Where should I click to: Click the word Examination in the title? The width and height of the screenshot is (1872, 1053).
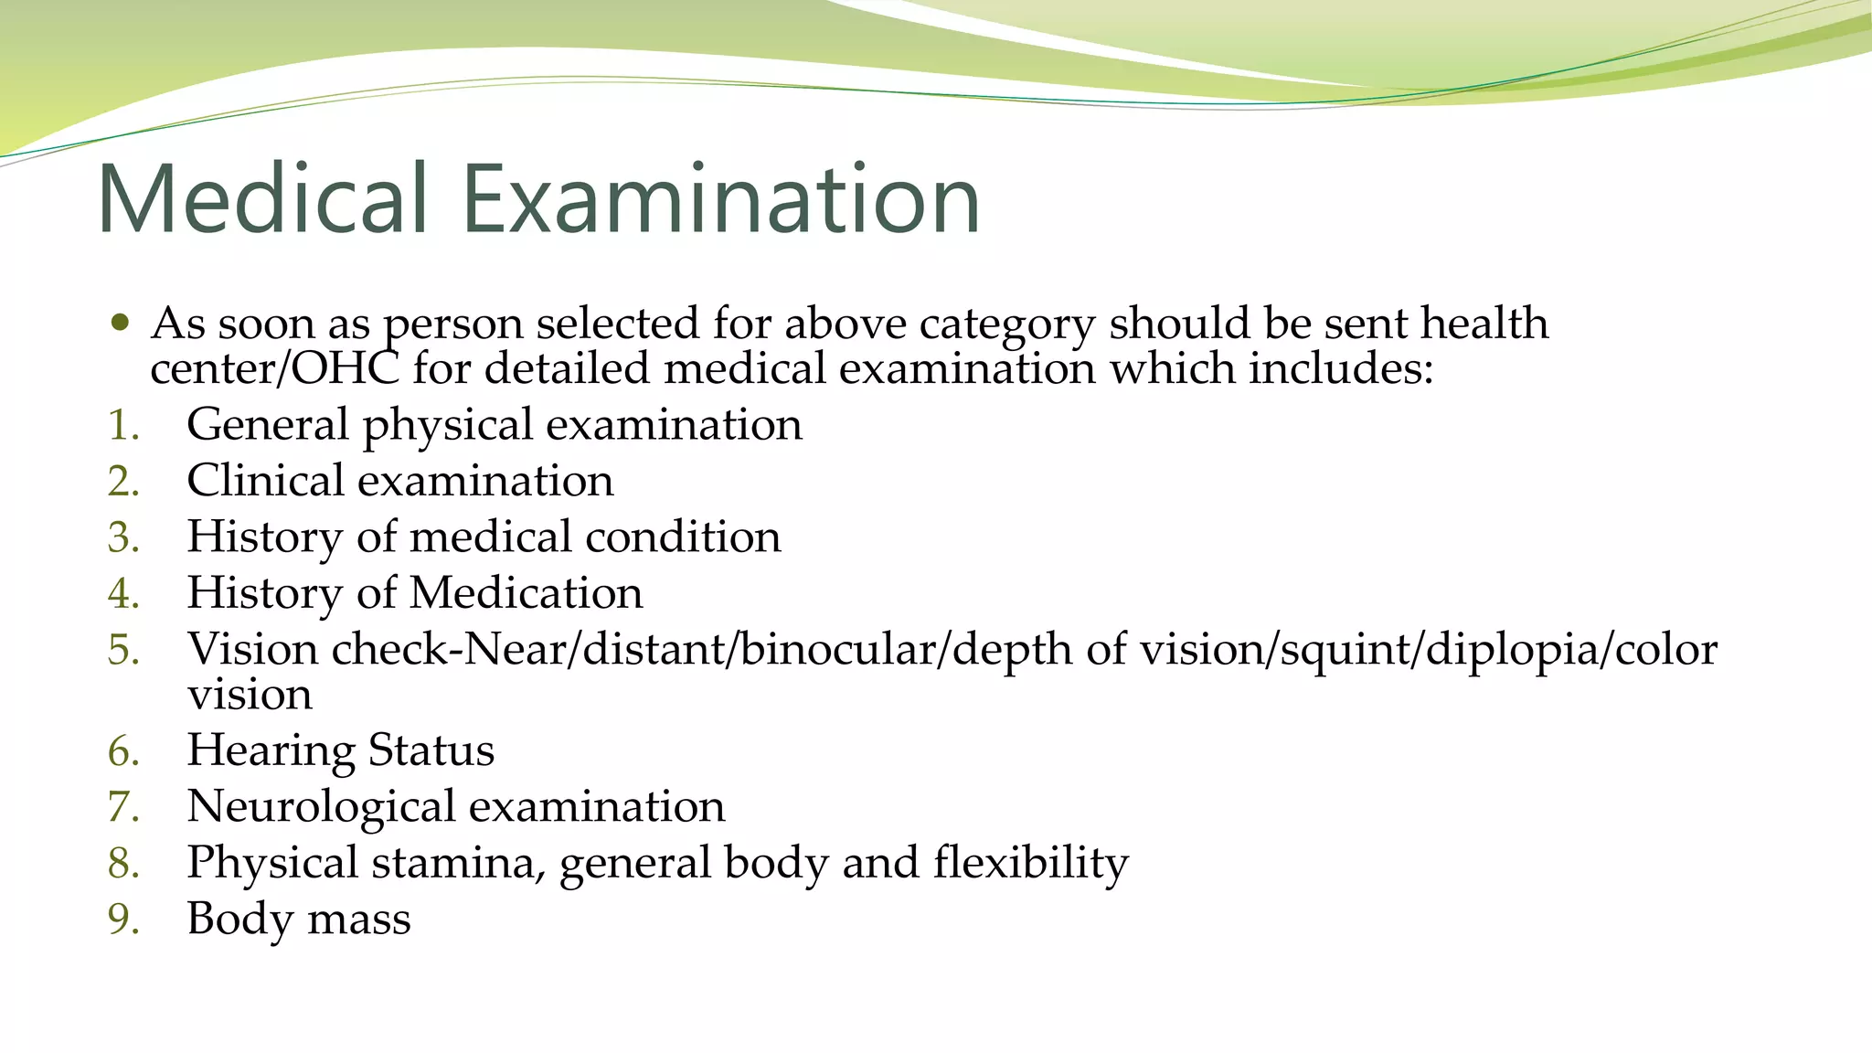click(721, 198)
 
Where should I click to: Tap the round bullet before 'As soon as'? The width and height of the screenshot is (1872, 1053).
click(120, 323)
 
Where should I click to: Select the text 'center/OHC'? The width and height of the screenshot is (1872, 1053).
click(275, 369)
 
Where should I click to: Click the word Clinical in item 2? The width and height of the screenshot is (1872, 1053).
click(265, 481)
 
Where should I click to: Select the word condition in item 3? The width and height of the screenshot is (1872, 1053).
click(683, 537)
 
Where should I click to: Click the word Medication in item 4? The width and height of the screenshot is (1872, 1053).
click(526, 593)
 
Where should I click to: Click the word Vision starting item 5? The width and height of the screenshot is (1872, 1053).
click(252, 649)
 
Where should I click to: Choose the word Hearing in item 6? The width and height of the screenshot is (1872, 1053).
click(271, 751)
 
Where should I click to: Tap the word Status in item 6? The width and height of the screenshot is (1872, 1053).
click(431, 750)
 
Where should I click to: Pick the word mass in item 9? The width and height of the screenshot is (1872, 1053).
click(359, 920)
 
